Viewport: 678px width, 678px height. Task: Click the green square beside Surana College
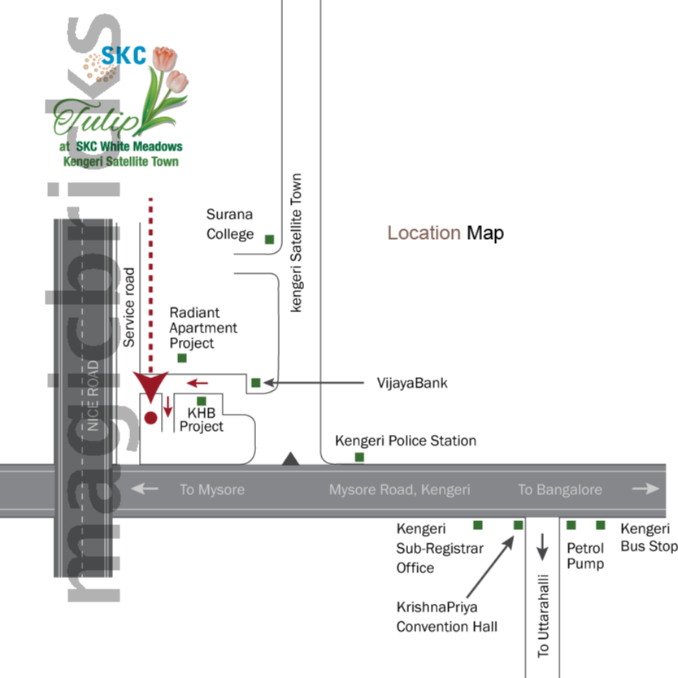[269, 238]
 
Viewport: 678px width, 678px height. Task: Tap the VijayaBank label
[412, 382]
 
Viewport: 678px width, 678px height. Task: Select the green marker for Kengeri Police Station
[359, 458]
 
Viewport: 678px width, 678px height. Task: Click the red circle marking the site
[150, 418]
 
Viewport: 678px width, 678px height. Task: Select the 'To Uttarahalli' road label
[544, 615]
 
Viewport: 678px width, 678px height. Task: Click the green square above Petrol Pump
[572, 525]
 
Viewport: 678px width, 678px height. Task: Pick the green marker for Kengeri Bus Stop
[601, 525]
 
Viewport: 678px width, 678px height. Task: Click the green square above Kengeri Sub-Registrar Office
[478, 525]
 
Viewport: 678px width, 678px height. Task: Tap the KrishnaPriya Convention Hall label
[446, 616]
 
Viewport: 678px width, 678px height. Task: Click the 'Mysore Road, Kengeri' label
[399, 490]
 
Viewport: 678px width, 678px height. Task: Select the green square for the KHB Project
[202, 400]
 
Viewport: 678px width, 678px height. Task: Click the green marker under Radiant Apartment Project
[182, 358]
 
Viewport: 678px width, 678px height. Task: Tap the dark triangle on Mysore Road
[291, 459]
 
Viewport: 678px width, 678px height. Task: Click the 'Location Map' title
[445, 233]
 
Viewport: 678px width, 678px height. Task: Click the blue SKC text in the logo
[124, 56]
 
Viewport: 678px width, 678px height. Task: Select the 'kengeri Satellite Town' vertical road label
[297, 242]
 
